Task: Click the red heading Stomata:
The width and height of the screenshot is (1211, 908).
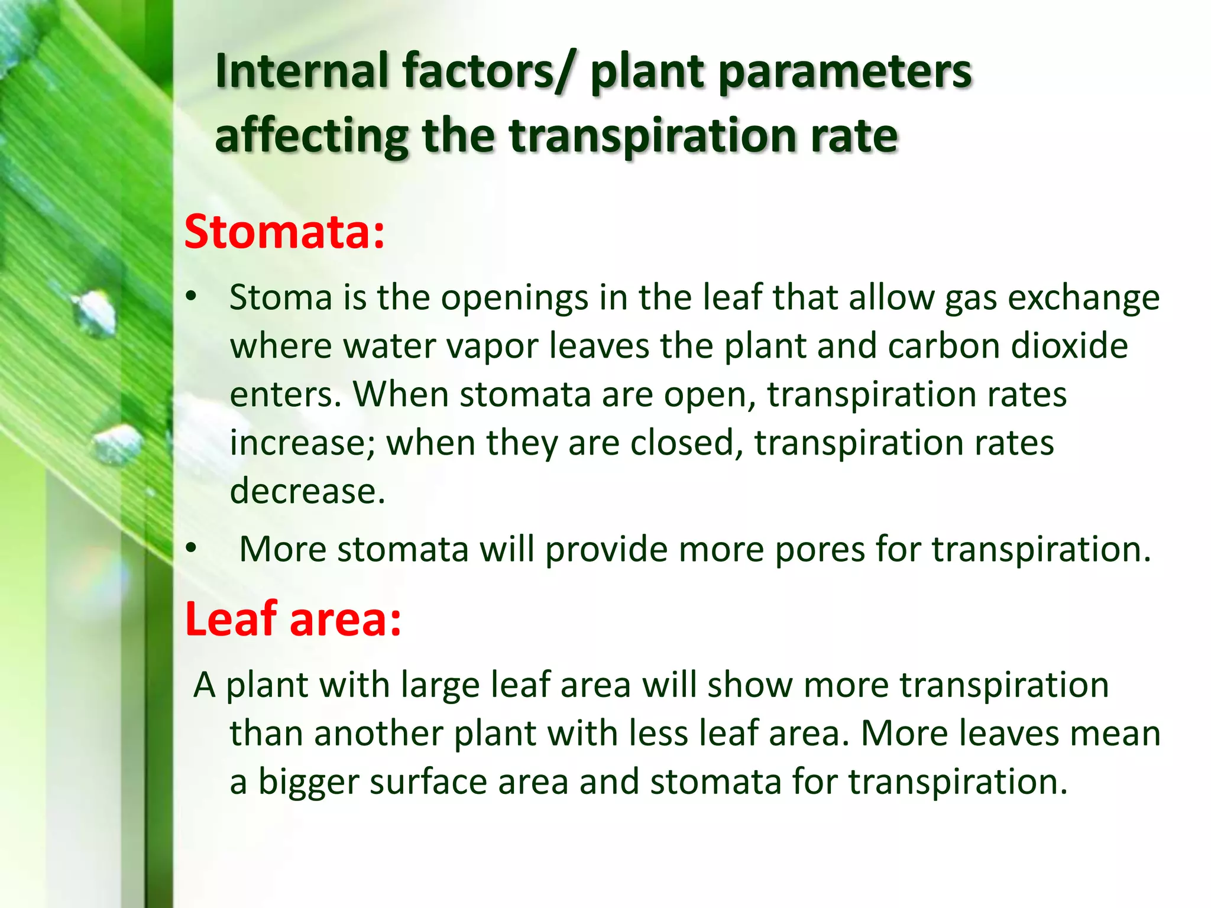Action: tap(284, 232)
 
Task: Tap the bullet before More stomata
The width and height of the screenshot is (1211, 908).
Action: tap(190, 549)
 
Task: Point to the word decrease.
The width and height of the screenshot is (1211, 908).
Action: tap(307, 491)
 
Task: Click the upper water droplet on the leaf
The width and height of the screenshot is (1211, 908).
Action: tap(96, 312)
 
